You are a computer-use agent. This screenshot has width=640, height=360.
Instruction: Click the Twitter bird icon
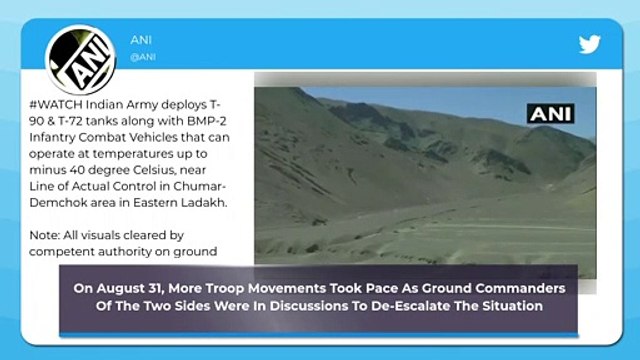(x=590, y=46)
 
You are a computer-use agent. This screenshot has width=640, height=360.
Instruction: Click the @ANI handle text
(x=142, y=57)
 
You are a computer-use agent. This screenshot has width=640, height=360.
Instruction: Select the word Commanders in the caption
(x=525, y=288)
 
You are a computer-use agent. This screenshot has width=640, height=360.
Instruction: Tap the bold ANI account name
(x=142, y=40)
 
